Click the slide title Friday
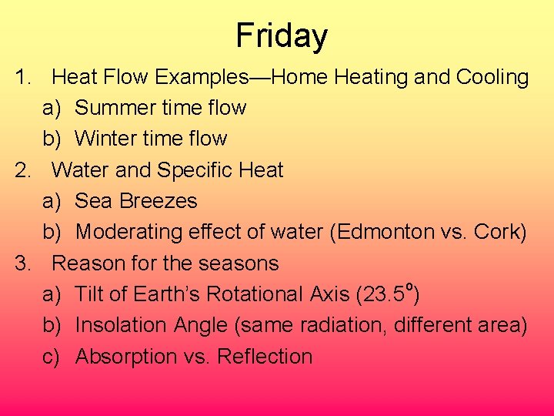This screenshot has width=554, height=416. pyautogui.click(x=282, y=35)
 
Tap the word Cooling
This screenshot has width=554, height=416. pyautogui.click(x=492, y=77)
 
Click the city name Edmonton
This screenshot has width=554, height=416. pyautogui.click(x=384, y=232)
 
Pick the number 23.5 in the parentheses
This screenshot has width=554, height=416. pyautogui.click(x=384, y=294)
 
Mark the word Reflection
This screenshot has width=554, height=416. pyautogui.click(x=265, y=357)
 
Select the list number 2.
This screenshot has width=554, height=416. pyautogui.click(x=23, y=169)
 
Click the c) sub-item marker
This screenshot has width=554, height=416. pyautogui.click(x=52, y=357)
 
